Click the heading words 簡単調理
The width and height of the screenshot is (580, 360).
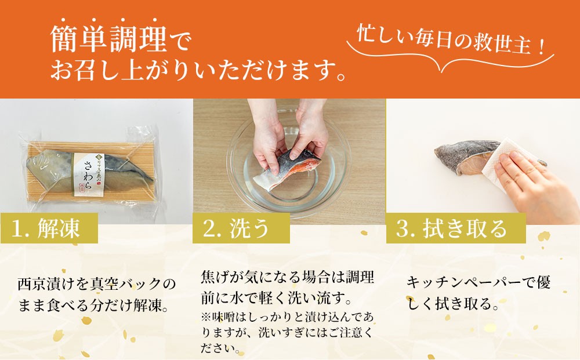[109, 39]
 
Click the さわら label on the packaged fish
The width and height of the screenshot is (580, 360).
[88, 174]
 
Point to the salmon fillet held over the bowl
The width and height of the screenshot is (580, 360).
[287, 170]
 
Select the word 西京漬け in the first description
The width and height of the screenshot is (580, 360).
[46, 284]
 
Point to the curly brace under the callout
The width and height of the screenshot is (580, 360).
[450, 60]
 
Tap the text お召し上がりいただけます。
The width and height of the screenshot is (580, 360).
[198, 70]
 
